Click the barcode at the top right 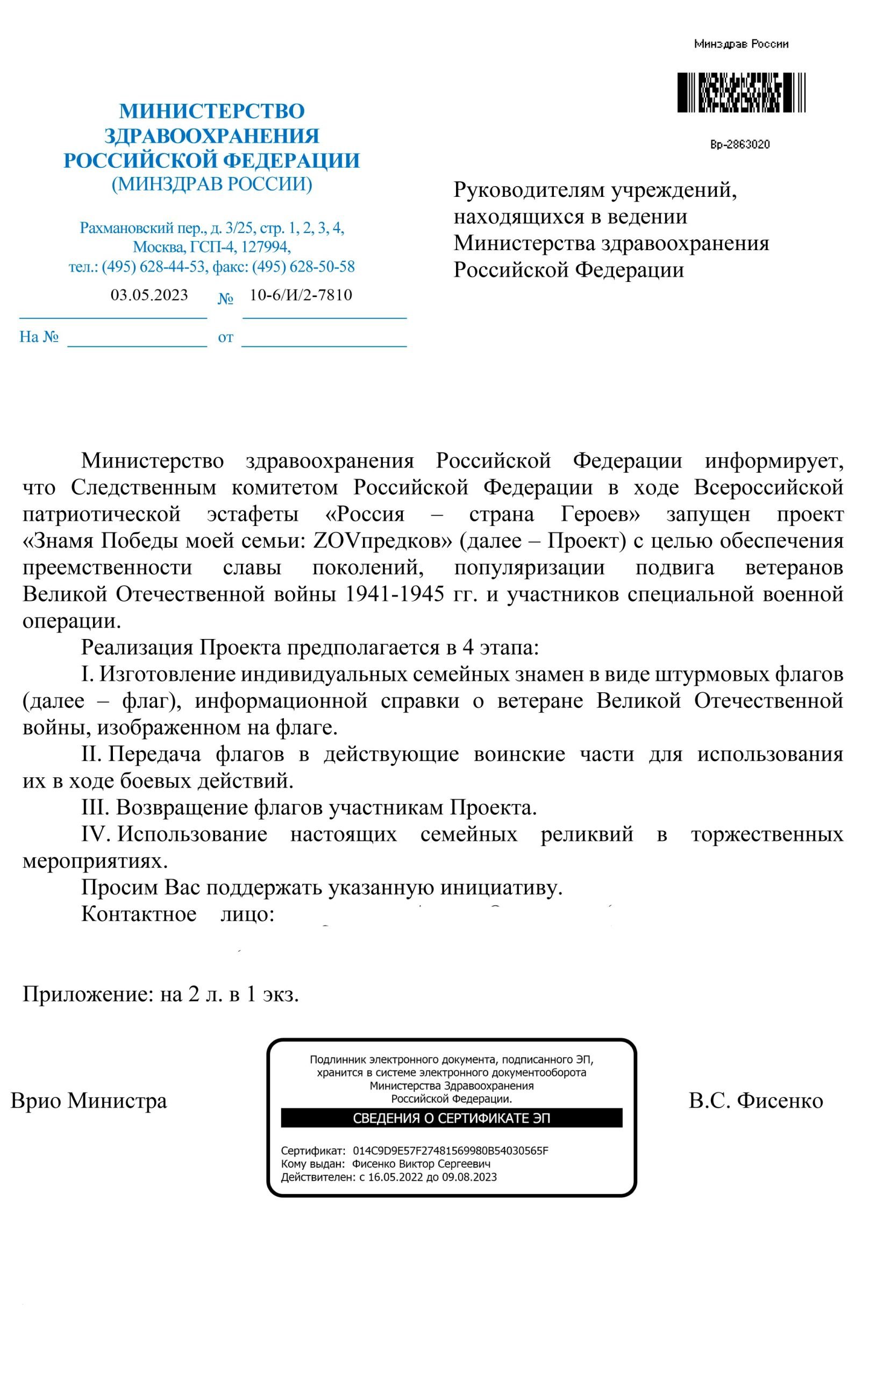(x=741, y=93)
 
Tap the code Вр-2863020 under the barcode (x=740, y=145)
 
